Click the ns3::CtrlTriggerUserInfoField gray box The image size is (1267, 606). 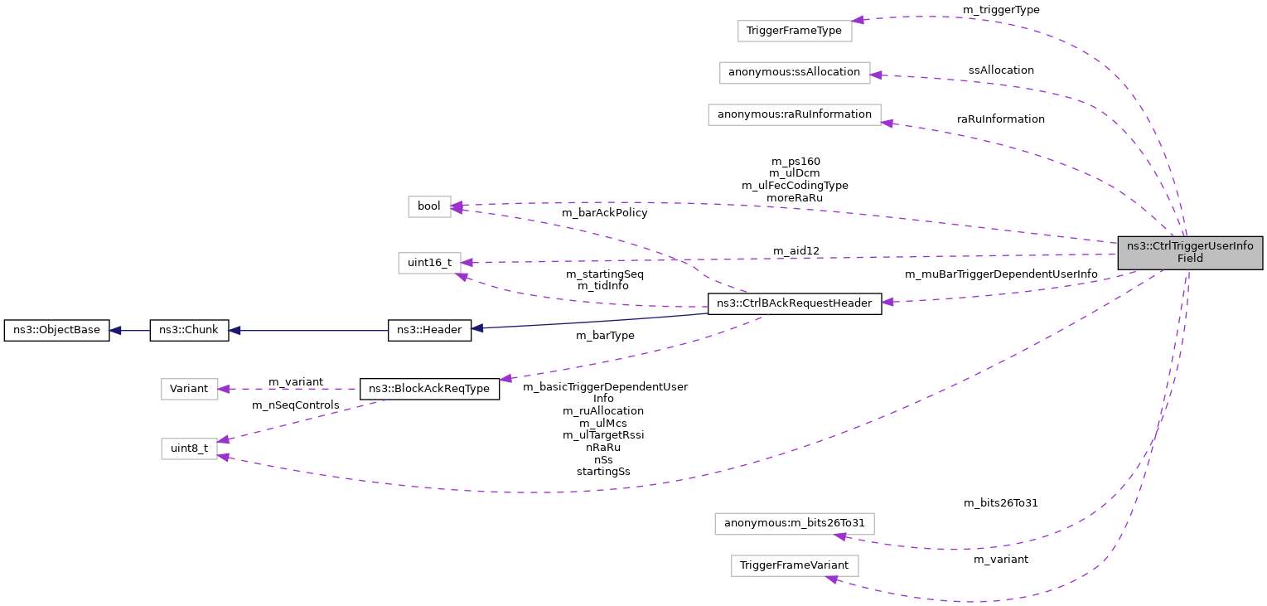coord(1189,252)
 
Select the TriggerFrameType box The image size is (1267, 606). coord(794,31)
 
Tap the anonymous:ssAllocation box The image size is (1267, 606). coord(794,72)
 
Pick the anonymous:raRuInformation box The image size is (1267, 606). coord(794,114)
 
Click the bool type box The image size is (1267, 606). coord(429,206)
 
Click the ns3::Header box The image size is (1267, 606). coord(429,330)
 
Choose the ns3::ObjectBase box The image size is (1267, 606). coord(57,330)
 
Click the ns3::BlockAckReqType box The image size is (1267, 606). coord(429,388)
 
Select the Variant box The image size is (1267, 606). coord(189,388)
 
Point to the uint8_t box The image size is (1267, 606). coord(189,448)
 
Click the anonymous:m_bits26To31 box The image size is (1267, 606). coord(794,523)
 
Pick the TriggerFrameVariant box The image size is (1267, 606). coord(794,566)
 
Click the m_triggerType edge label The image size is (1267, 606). coord(1000,10)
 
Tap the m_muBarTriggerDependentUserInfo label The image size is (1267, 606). coord(1000,274)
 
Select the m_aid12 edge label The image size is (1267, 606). coord(796,251)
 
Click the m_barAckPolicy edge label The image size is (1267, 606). coord(604,213)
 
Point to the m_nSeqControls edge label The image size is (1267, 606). coord(296,405)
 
